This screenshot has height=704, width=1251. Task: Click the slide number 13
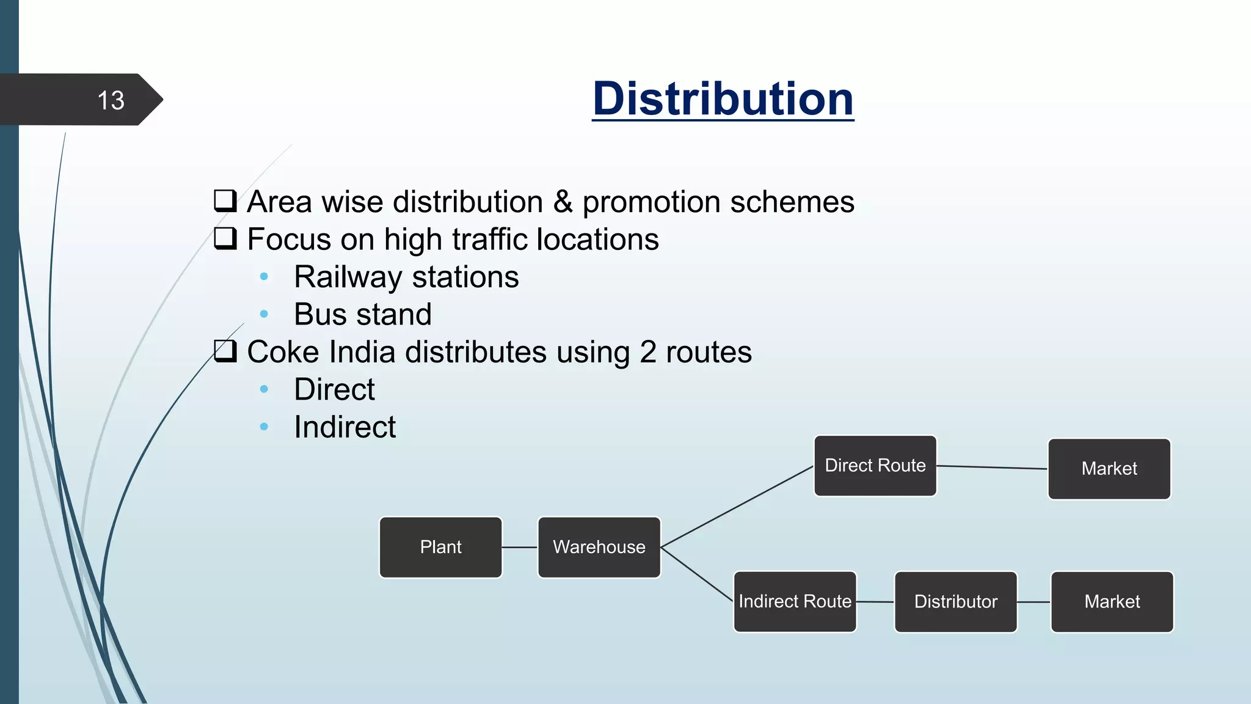pos(111,100)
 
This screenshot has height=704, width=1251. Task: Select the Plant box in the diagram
pos(440,547)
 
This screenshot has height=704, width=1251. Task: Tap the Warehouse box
pos(599,547)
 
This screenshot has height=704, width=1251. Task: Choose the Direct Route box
pos(875,466)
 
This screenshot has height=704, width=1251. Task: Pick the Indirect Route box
pos(795,601)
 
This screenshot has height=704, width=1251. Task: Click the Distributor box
pos(955,601)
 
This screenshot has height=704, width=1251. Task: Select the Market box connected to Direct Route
pos(1109,469)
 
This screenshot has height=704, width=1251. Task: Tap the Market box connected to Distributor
pos(1112,601)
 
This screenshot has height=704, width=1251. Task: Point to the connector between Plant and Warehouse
pos(520,547)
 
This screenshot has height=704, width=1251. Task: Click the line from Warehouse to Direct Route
pos(737,507)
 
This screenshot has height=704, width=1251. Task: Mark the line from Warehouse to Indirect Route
pos(697,574)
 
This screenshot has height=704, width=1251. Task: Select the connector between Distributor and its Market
pos(1034,602)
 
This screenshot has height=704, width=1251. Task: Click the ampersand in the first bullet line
pos(563,202)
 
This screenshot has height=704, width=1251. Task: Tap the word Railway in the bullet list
pos(348,277)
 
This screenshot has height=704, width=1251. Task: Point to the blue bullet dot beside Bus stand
pos(264,314)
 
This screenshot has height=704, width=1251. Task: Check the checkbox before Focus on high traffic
pos(225,238)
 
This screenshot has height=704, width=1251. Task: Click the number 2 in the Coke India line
pos(647,352)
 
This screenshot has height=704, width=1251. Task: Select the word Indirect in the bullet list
pos(345,427)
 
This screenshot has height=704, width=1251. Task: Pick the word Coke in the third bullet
pos(282,352)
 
